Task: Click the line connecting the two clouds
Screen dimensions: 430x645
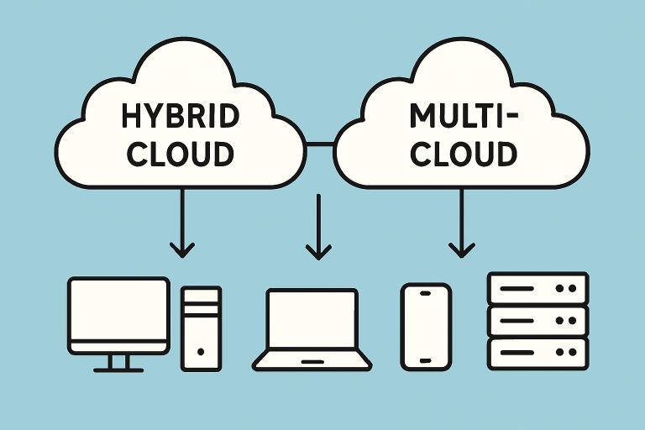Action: (x=320, y=145)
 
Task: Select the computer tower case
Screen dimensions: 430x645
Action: (x=202, y=328)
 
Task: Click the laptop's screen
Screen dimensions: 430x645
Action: (x=312, y=319)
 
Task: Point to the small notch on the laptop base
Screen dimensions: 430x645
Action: (x=312, y=361)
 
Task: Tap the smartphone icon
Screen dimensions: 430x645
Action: (x=426, y=326)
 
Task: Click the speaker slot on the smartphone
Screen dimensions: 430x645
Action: (x=426, y=292)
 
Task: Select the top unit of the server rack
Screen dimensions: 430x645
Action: (x=537, y=287)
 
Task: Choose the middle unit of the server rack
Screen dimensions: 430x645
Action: (x=537, y=320)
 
